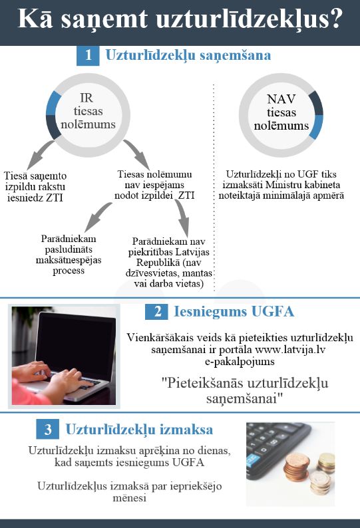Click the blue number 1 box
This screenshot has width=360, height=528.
point(88,55)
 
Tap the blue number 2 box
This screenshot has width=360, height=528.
point(157,311)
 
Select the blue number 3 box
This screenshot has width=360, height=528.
point(47,429)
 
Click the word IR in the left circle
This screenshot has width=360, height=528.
point(87,98)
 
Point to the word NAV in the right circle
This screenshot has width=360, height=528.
point(281,99)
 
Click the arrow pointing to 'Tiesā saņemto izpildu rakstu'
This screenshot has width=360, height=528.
point(39,154)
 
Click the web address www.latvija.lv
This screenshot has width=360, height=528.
point(290,350)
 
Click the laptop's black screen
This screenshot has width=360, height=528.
point(77,344)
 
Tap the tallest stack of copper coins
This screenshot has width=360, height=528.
point(296,467)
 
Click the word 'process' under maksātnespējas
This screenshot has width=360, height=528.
point(69,271)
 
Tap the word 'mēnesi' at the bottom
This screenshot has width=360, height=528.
point(130,497)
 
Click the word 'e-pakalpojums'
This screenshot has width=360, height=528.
point(240,362)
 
